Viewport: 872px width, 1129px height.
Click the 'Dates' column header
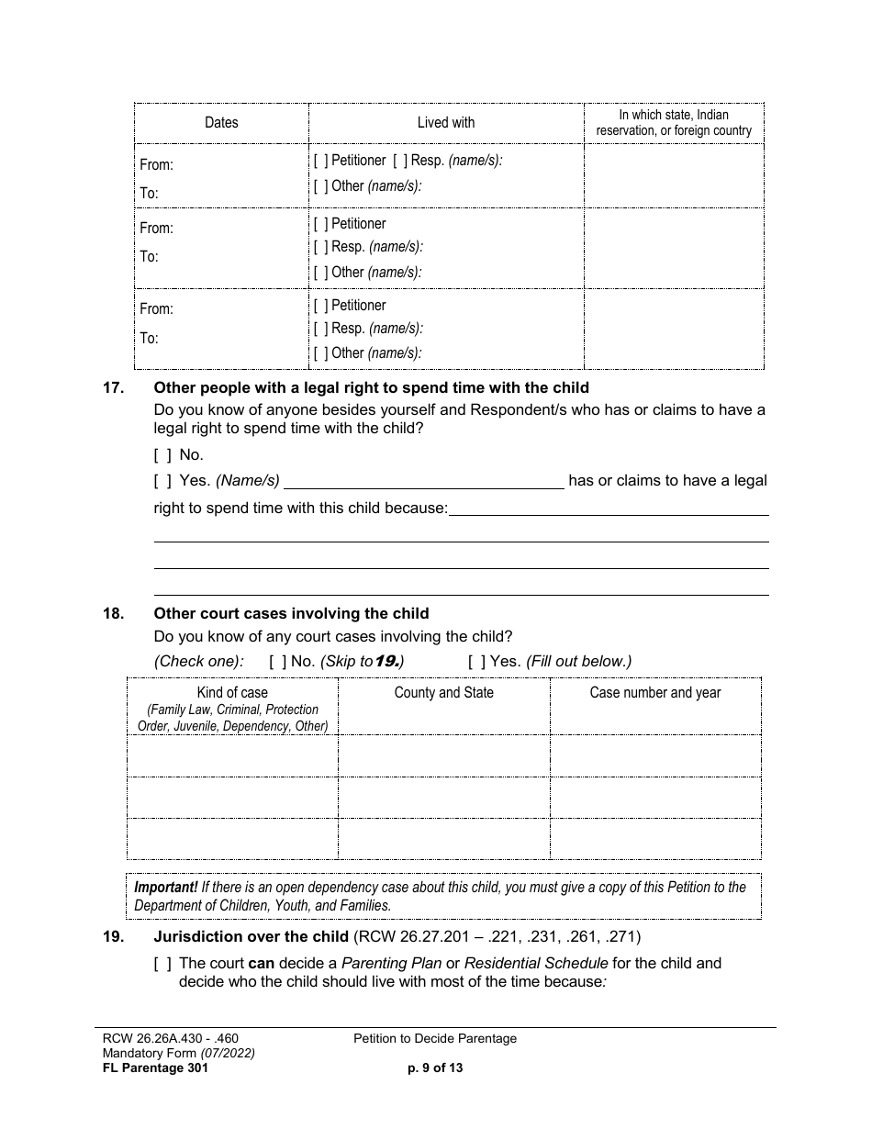click(x=221, y=122)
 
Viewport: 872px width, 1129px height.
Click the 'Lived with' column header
click(x=446, y=122)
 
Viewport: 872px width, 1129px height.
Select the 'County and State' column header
click(x=443, y=693)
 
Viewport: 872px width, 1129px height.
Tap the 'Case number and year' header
click(x=654, y=693)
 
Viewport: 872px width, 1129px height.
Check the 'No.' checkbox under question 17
click(x=162, y=455)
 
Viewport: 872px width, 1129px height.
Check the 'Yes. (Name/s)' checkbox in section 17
click(x=162, y=481)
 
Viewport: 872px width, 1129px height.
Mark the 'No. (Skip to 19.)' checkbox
click(x=277, y=662)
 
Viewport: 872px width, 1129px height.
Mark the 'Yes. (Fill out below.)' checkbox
click(x=476, y=662)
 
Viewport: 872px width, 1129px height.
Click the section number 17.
click(x=113, y=388)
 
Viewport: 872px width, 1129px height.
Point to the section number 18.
click(x=113, y=614)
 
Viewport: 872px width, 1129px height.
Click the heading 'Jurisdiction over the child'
click(x=250, y=937)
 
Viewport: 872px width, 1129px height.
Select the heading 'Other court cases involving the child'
click(x=291, y=614)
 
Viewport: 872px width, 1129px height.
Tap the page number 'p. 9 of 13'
click(x=435, y=1068)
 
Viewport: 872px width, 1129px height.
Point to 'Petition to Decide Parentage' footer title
click(x=435, y=1039)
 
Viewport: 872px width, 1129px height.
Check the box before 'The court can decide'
click(x=162, y=964)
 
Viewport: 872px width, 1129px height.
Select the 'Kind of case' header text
click(x=232, y=693)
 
